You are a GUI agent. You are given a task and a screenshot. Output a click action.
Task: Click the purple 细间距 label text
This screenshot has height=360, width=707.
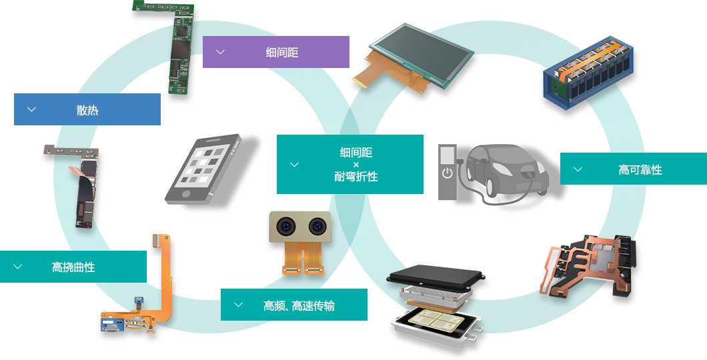282,52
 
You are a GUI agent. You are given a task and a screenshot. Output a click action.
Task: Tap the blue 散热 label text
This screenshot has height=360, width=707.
87,109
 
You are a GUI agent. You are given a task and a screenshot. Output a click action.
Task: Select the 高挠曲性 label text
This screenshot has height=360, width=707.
73,267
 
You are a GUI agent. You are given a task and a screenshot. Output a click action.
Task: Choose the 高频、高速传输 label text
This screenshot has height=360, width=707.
299,305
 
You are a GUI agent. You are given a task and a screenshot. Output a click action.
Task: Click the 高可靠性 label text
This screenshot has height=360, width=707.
640,169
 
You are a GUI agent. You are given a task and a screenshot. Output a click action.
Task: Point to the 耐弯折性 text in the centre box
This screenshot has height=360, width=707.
356,176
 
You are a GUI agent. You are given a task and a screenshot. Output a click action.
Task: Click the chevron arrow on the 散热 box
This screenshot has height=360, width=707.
31,109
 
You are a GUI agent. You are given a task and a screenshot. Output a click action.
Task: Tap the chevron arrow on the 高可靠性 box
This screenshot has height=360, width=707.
578,169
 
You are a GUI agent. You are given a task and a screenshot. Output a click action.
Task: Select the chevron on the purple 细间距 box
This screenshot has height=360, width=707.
220,52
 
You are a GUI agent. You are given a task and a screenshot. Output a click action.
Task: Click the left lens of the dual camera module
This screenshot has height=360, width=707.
286,226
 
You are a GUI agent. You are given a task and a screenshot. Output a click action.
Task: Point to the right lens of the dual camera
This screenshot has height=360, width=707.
317,226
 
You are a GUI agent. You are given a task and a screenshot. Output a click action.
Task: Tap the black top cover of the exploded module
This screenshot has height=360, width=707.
435,274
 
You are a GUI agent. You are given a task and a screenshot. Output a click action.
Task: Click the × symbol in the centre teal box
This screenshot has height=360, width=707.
356,165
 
